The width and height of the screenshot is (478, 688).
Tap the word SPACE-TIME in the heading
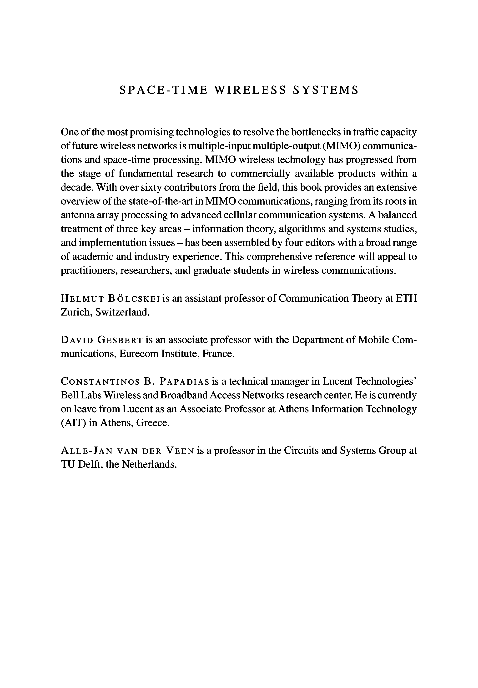click(163, 90)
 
